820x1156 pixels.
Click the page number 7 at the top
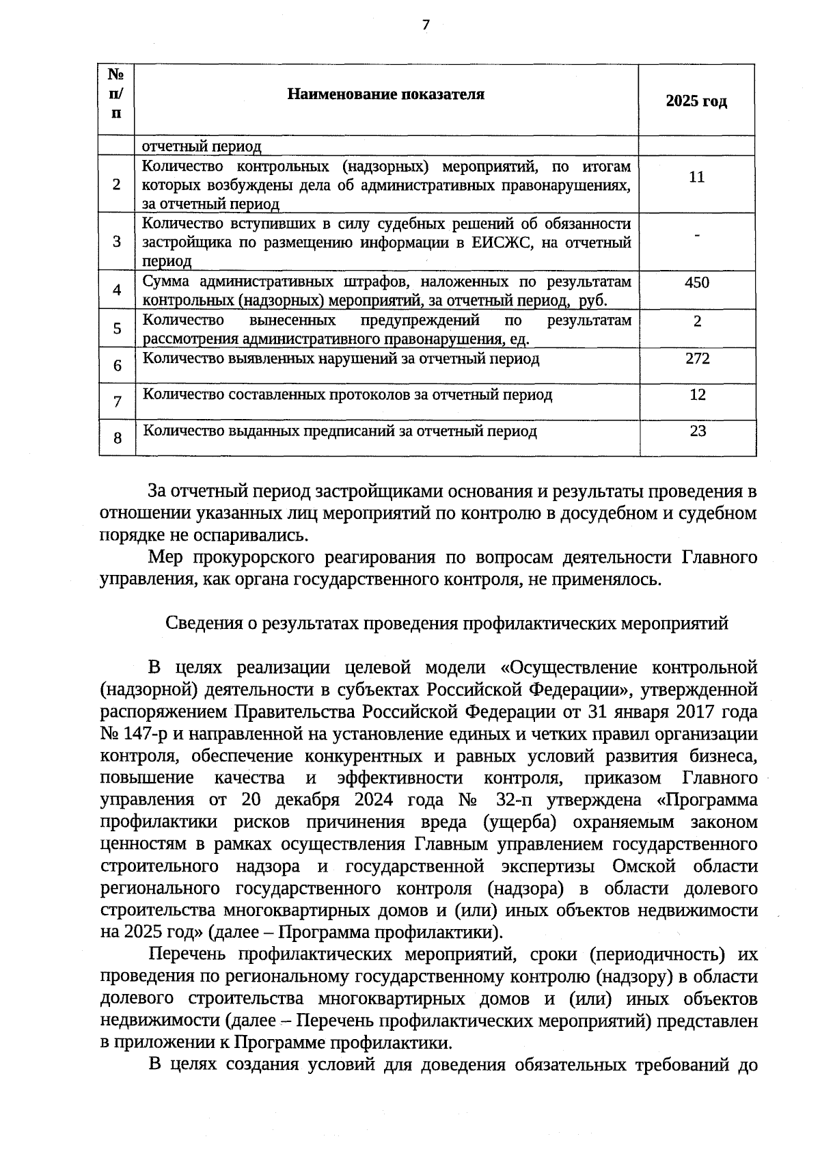coord(426,25)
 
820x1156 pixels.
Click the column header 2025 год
coord(696,102)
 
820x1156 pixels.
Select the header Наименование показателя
coord(385,94)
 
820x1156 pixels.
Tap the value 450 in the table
coord(697,282)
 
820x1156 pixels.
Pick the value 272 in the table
coord(697,358)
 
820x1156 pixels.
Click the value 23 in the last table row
coord(698,431)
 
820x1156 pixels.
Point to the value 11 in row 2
coord(696,177)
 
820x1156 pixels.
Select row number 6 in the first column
coord(118,366)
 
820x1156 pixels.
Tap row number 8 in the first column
coord(118,438)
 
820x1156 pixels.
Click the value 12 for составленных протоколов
coord(697,394)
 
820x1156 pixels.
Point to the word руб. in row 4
coord(593,300)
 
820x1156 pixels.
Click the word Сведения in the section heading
coord(197,623)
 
